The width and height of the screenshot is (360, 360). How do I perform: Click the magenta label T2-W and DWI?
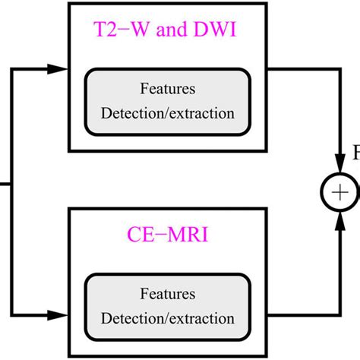coord(167,33)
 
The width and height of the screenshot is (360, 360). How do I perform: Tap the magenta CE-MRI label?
coord(167,230)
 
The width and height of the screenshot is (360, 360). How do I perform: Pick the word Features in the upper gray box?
coord(167,90)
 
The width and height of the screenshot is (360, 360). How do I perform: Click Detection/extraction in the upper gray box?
coord(167,114)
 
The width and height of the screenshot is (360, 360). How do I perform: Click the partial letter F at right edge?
coord(355,154)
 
